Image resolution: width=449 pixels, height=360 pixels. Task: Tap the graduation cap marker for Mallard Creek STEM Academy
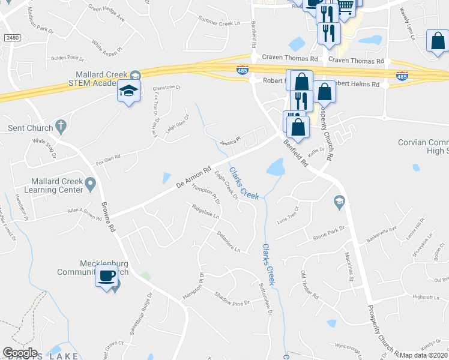click(x=128, y=91)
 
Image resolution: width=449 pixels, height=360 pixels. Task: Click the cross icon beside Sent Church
click(x=59, y=127)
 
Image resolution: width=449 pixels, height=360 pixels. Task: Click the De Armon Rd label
click(x=194, y=177)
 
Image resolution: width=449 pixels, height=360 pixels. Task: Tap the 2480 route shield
click(x=11, y=38)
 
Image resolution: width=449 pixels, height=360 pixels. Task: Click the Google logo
click(x=20, y=352)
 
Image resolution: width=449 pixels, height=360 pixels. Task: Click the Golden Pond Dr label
click(x=68, y=58)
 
